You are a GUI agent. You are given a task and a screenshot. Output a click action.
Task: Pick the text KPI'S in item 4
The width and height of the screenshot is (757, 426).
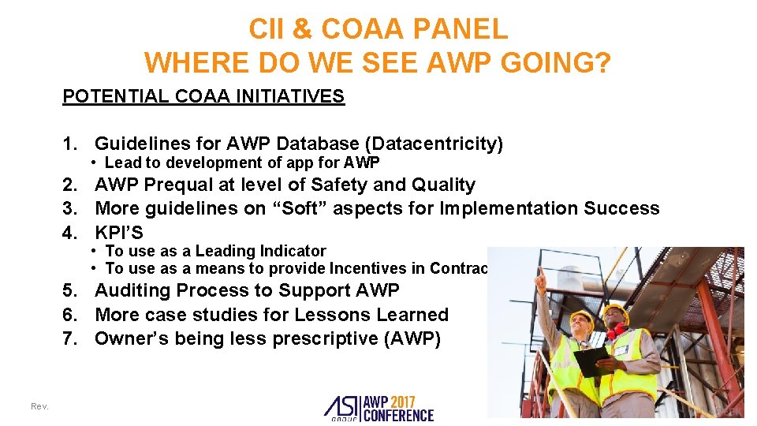(x=119, y=233)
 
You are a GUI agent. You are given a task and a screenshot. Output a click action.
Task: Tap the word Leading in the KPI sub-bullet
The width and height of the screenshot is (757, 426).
(x=223, y=252)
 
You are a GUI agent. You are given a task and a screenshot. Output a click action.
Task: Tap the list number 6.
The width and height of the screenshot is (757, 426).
(x=69, y=315)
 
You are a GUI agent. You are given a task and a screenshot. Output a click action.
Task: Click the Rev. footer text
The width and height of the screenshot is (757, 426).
(x=39, y=406)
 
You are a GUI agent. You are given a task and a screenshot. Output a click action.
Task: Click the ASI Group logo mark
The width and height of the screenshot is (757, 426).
(x=341, y=406)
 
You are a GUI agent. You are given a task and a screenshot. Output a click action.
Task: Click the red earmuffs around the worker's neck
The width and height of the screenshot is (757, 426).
(x=616, y=329)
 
